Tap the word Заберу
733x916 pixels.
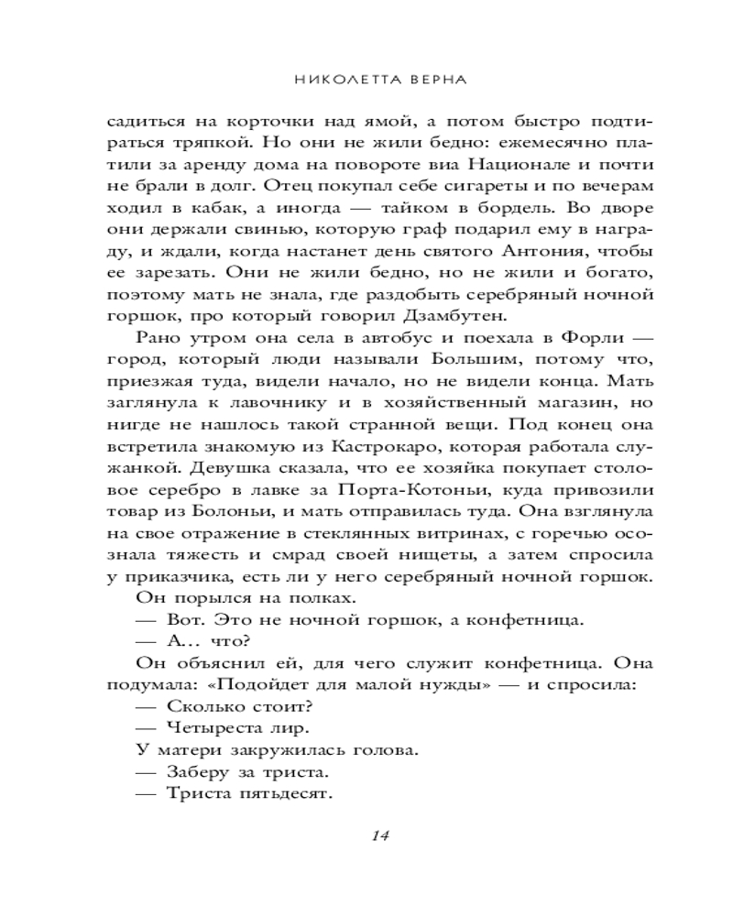pyautogui.click(x=194, y=772)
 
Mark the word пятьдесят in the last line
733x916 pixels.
pyautogui.click(x=283, y=794)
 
